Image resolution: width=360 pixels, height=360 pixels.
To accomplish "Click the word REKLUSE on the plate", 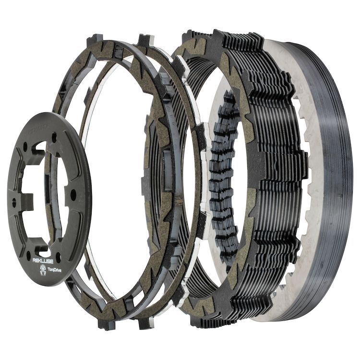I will tap(42, 260).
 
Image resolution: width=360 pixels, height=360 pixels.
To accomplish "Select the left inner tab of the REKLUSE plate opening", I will tap(24, 196).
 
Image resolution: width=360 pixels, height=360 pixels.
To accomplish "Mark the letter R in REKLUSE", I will tap(34, 261).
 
